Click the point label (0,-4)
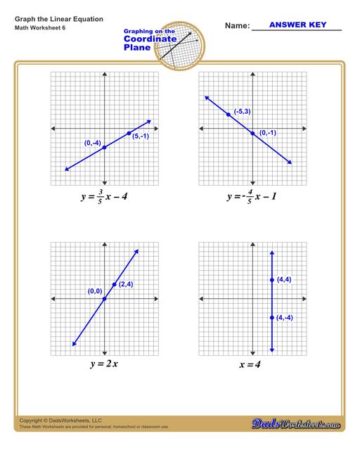tap(93, 143)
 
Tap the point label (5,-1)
tap(141, 136)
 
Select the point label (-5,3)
tap(243, 111)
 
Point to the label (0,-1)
tap(267, 133)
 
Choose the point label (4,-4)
tap(285, 318)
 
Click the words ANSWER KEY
tap(297, 25)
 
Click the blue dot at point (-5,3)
tap(229, 114)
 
